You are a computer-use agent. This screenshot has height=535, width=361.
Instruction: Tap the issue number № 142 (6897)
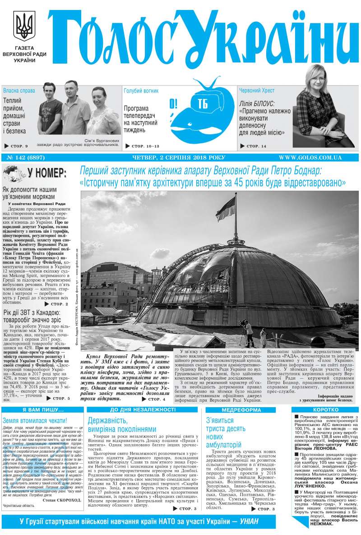[x=23, y=157]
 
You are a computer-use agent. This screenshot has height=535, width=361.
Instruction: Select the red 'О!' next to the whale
[x=174, y=104]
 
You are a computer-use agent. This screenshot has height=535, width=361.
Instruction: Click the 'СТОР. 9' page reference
[x=17, y=146]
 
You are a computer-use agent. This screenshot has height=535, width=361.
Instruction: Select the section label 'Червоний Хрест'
[x=257, y=90]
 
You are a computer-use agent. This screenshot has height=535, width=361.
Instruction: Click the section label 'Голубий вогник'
[x=141, y=90]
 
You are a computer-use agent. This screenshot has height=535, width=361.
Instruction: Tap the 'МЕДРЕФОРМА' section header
[x=239, y=409]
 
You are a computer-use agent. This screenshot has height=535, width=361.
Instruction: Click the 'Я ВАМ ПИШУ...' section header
[x=42, y=409]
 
